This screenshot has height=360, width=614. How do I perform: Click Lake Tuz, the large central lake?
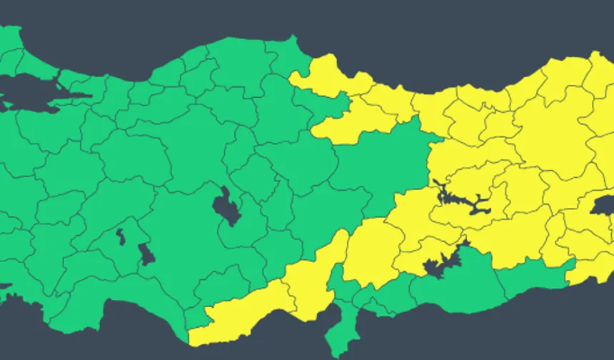point(226,207)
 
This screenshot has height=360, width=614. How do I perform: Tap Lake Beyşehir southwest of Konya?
point(146,254)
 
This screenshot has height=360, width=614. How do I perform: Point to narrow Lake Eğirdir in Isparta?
point(121,236)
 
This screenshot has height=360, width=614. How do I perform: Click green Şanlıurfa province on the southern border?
point(457,286)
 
